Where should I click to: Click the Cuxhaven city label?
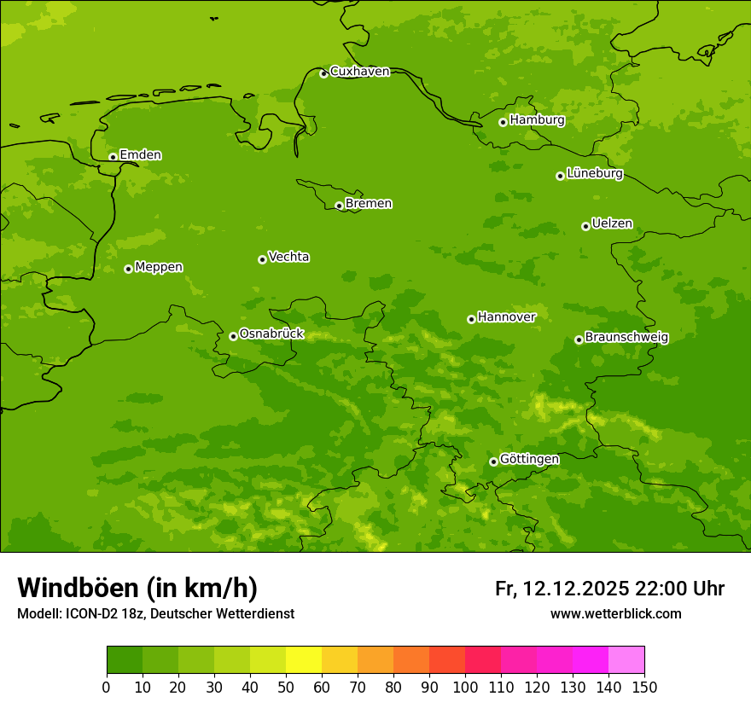(x=359, y=72)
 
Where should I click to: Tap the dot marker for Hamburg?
(x=503, y=122)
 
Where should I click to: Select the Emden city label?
(x=140, y=155)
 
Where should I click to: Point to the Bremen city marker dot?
(x=339, y=206)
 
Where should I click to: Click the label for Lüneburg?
(x=595, y=174)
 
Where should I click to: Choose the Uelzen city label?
(x=612, y=224)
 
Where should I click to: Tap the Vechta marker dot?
(x=262, y=259)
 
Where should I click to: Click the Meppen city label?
(x=159, y=267)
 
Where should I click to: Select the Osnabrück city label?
(x=271, y=334)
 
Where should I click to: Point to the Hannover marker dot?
(x=471, y=319)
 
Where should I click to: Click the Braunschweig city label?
(x=626, y=338)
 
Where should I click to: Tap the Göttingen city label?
(x=529, y=460)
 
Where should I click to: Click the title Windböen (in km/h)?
(x=137, y=588)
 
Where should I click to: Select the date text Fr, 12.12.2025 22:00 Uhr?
(x=609, y=589)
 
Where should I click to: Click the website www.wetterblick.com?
(x=615, y=613)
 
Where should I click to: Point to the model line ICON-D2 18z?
(x=155, y=613)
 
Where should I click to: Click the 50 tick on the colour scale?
(x=286, y=687)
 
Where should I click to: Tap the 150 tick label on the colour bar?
(x=644, y=687)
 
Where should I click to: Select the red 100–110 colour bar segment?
(x=483, y=660)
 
